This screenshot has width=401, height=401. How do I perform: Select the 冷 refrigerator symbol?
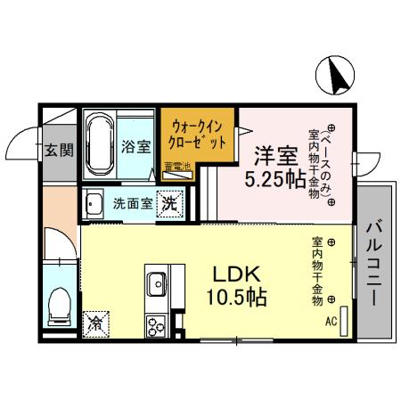[x=94, y=325]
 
